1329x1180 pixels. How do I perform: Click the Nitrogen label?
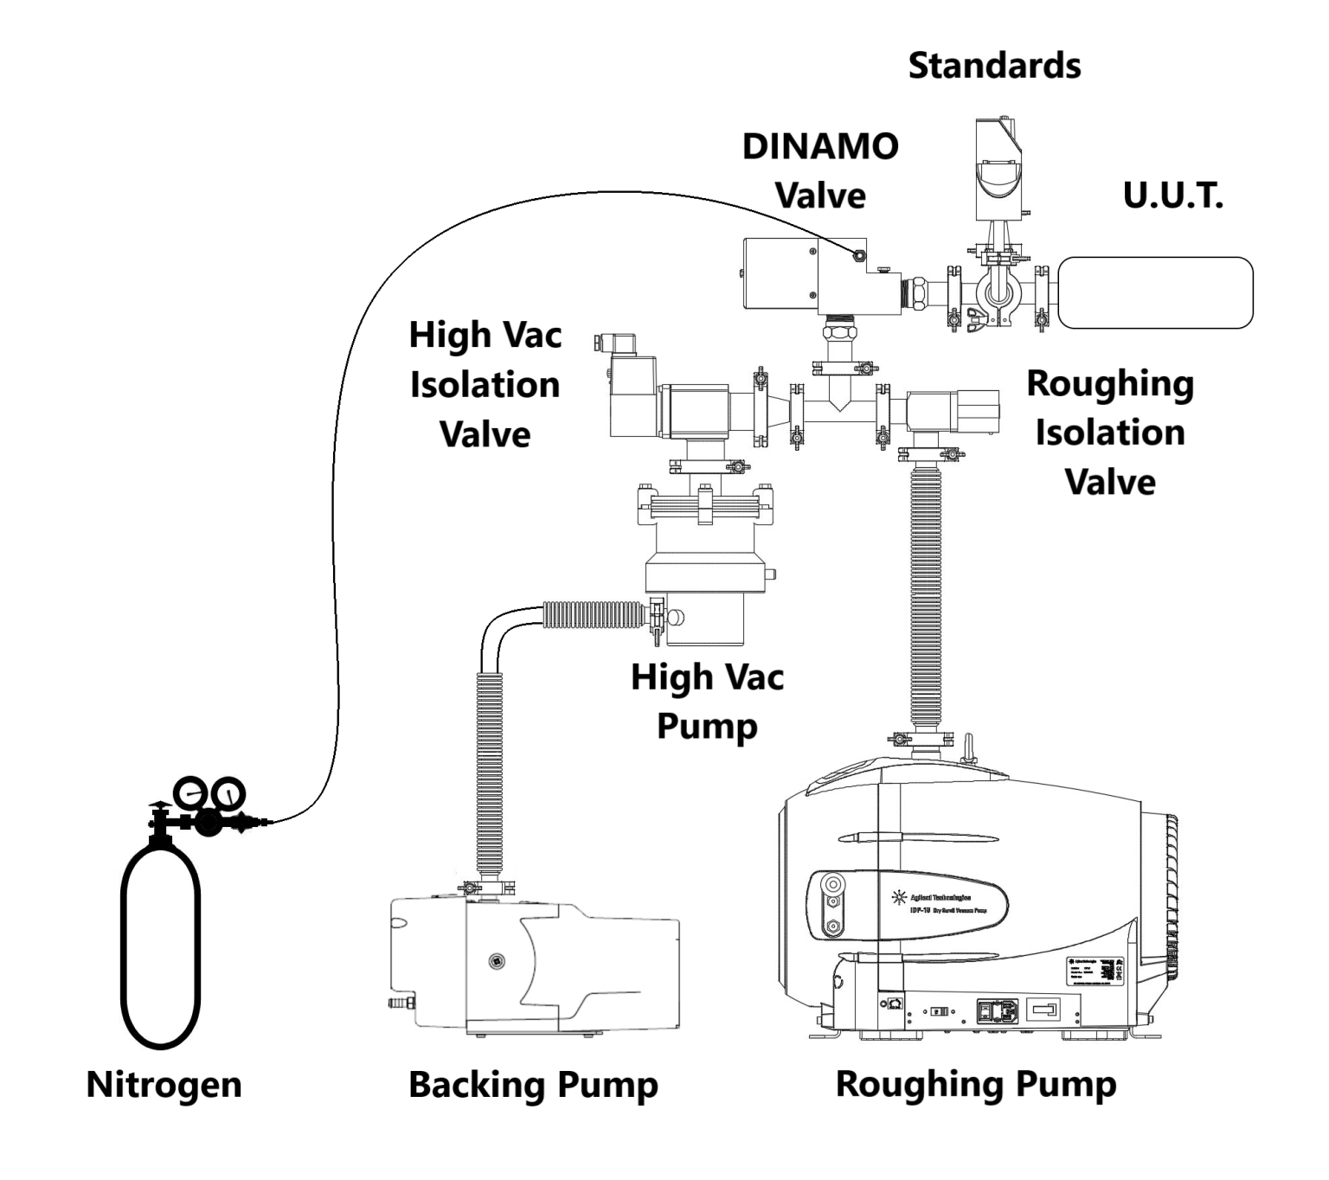point(164,1084)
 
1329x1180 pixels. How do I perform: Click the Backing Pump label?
point(533,1084)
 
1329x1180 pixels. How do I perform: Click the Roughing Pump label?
point(975,1084)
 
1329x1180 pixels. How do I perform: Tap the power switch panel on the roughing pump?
point(997,1010)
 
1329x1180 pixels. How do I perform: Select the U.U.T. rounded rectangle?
point(1155,292)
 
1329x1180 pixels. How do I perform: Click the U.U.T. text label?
point(1172,196)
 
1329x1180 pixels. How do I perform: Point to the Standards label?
point(994,66)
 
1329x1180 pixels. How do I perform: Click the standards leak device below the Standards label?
point(999,169)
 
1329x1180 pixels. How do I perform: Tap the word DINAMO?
point(820,146)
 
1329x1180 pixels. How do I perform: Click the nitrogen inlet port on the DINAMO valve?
point(858,254)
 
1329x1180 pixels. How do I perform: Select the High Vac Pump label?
point(707,701)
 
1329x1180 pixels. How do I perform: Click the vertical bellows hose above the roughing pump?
point(926,597)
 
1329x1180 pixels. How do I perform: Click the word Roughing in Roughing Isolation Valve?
point(1109,383)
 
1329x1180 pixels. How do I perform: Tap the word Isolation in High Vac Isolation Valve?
point(485,385)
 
